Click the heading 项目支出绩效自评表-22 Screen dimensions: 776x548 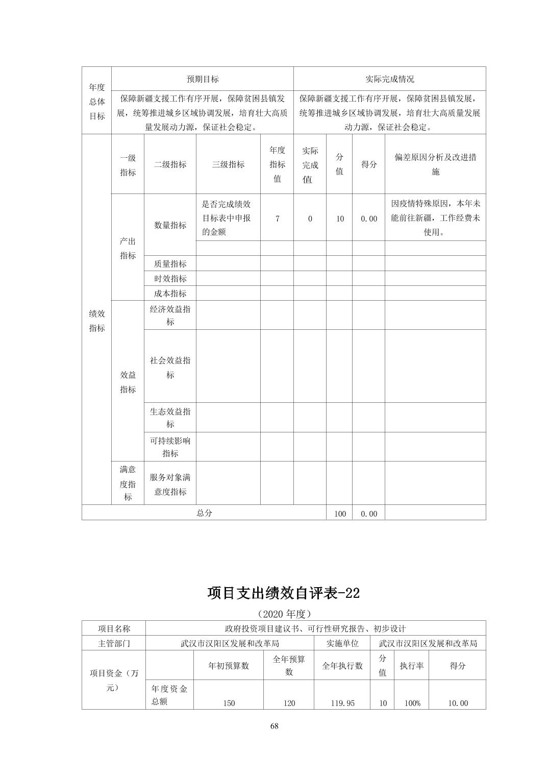[x=284, y=593]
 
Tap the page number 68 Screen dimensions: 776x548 [x=274, y=726]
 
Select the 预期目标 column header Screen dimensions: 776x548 [x=202, y=79]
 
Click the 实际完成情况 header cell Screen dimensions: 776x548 [x=389, y=79]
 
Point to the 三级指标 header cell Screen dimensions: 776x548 [x=228, y=164]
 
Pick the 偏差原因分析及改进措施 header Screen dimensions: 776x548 [x=435, y=164]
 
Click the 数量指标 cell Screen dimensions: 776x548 [x=170, y=225]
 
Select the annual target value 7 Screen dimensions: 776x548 [x=277, y=219]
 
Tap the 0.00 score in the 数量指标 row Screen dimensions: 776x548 [x=368, y=219]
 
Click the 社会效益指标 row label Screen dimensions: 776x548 [x=170, y=368]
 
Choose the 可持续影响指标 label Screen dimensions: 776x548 [x=170, y=447]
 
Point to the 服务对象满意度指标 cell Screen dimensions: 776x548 [x=170, y=484]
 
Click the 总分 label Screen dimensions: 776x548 [x=204, y=513]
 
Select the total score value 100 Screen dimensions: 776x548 [x=340, y=514]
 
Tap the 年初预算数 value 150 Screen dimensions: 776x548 [x=229, y=703]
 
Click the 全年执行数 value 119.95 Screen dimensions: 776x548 [x=342, y=703]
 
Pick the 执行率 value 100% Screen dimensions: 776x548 [x=412, y=703]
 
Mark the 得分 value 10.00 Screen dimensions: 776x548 [x=458, y=703]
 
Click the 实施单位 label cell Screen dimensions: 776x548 [x=342, y=643]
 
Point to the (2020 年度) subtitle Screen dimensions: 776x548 [x=284, y=613]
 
